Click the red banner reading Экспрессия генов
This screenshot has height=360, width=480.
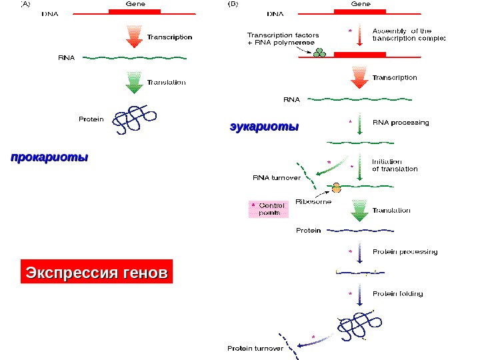(97, 273)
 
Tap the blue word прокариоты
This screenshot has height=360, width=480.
(49, 159)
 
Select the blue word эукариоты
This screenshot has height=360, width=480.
(264, 126)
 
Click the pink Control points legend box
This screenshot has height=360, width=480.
(268, 209)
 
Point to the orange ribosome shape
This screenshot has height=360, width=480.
(336, 188)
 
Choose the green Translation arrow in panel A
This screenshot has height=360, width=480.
(133, 83)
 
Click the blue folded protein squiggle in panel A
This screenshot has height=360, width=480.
(135, 119)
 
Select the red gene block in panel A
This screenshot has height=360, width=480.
(135, 12)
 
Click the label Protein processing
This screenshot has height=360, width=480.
(405, 252)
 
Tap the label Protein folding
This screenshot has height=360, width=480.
(397, 293)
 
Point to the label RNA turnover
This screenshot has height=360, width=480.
(276, 178)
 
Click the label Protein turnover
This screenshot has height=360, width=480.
(255, 349)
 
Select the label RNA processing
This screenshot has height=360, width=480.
(401, 123)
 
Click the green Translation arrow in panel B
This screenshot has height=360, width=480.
(360, 211)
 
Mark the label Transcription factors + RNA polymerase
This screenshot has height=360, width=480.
(283, 39)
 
